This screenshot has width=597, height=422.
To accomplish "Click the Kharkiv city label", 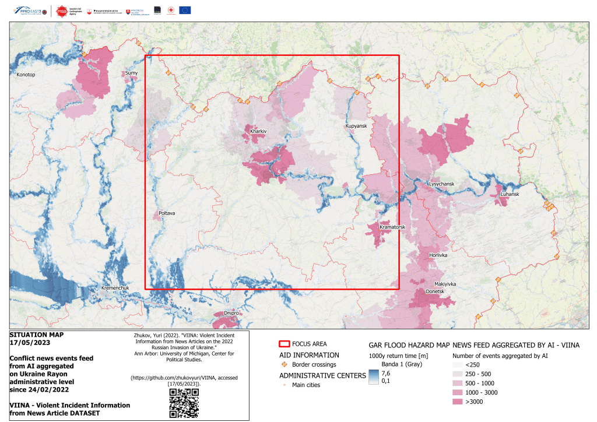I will pyautogui.click(x=258, y=132).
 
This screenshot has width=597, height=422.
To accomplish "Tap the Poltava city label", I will pyautogui.click(x=167, y=213).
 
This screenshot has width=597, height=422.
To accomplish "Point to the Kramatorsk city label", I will pyautogui.click(x=392, y=227).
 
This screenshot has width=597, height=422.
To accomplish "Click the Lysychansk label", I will pyautogui.click(x=441, y=184).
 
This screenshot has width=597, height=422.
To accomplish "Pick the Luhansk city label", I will pyautogui.click(x=509, y=194).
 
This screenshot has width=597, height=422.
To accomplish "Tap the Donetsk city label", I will pyautogui.click(x=435, y=291).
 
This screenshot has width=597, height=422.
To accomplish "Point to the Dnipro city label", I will pyautogui.click(x=231, y=312).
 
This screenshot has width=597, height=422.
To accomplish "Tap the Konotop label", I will pyautogui.click(x=26, y=75).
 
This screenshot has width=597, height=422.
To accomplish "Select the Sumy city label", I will pyautogui.click(x=131, y=73).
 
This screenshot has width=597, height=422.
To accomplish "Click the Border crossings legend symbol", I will pyautogui.click(x=285, y=364).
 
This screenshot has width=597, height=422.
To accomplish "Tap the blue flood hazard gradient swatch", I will pyautogui.click(x=373, y=377).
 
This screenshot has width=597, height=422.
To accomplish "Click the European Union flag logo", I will pyautogui.click(x=185, y=10).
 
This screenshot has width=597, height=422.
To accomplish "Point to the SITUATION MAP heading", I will pyautogui.click(x=37, y=335).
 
